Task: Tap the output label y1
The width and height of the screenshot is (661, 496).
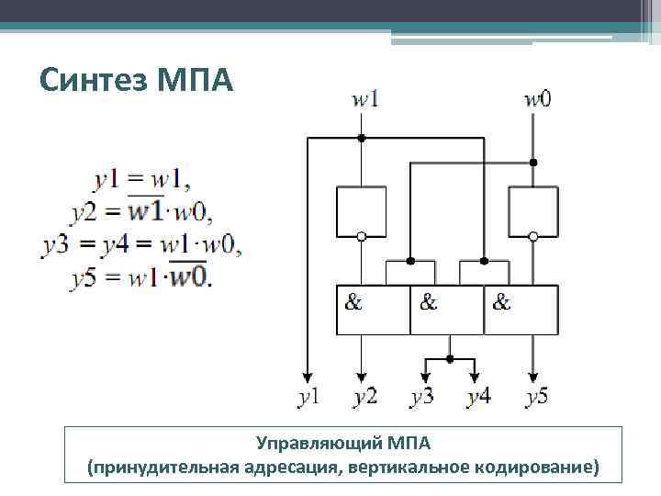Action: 309,397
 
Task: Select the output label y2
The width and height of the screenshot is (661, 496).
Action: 364,397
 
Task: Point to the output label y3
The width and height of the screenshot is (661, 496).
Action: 422,397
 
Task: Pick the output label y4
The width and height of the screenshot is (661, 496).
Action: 477,397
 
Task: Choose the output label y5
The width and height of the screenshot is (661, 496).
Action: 537,397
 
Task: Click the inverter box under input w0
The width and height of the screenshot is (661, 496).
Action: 533,210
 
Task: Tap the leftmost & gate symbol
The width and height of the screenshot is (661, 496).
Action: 353,301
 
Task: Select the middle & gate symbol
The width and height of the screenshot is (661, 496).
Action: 429,301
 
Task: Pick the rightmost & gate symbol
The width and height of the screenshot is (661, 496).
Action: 502,301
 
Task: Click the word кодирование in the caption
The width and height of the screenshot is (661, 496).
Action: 536,468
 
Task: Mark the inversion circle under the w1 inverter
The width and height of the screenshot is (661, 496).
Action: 361,236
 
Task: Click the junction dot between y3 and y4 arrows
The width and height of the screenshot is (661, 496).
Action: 449,357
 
